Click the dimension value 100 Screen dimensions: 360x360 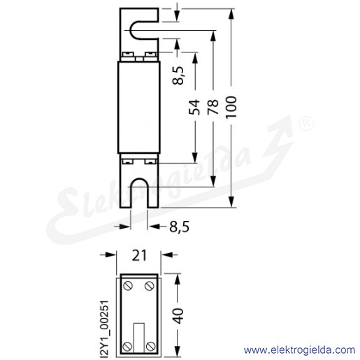coord(231,107)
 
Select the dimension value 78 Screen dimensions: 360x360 coord(213,107)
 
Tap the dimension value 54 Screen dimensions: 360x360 coord(194,107)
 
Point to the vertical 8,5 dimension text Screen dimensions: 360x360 coord(178,75)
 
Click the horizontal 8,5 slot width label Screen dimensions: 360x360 coord(179,226)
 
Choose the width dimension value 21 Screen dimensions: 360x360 coord(139,255)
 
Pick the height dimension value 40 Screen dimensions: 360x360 coord(179,315)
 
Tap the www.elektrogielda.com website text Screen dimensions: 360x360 coord(299,350)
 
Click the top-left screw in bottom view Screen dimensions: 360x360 coord(128,286)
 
